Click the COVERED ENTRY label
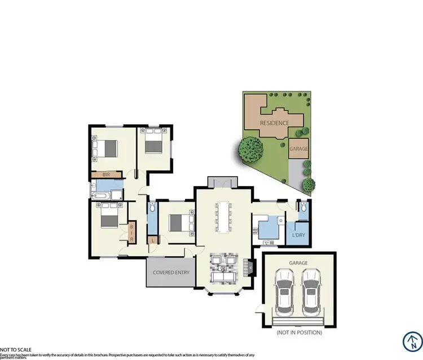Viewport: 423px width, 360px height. click(171, 272)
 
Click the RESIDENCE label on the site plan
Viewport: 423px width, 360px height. click(274, 122)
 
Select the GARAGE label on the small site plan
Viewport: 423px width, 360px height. click(298, 149)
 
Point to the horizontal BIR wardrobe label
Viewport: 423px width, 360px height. click(106, 175)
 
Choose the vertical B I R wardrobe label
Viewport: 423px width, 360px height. click(132, 232)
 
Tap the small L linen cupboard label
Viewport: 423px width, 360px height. click(152, 240)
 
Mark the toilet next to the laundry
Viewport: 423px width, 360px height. click(303, 208)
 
